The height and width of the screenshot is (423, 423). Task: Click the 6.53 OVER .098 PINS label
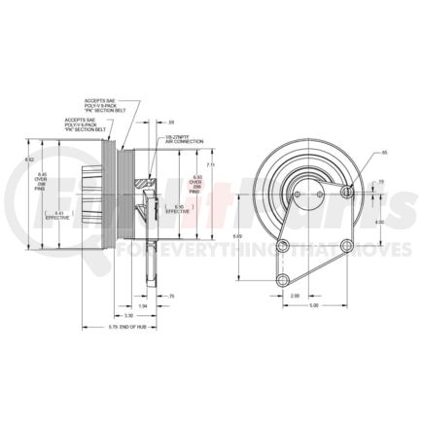(x=194, y=181)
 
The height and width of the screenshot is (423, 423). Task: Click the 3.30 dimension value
(x=128, y=315)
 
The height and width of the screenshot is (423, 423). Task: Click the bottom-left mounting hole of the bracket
(x=282, y=281)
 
